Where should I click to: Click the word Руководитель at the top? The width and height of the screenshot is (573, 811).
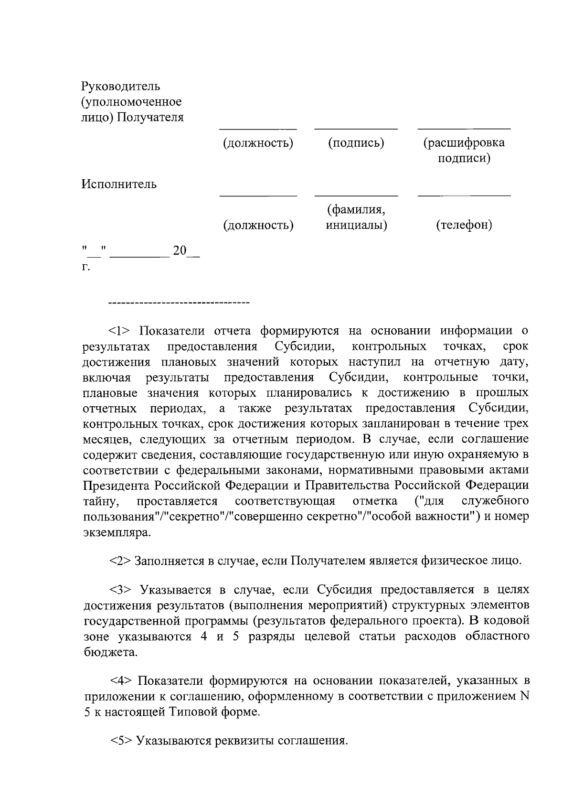coord(121,87)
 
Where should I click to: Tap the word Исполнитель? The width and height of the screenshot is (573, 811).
coord(119,184)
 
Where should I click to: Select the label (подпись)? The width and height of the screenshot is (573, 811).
coord(356,143)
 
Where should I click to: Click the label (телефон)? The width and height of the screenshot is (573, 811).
coord(464,225)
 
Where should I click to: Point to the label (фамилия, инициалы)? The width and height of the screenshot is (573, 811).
coord(356,217)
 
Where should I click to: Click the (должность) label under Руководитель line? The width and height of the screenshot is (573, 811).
coord(258,143)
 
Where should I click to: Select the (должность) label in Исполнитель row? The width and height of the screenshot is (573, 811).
coord(258,225)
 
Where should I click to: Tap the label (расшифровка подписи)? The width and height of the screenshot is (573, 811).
coord(464,150)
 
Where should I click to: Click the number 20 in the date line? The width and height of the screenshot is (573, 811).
coord(180,250)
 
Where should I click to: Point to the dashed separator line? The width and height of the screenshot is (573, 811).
coord(180,303)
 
